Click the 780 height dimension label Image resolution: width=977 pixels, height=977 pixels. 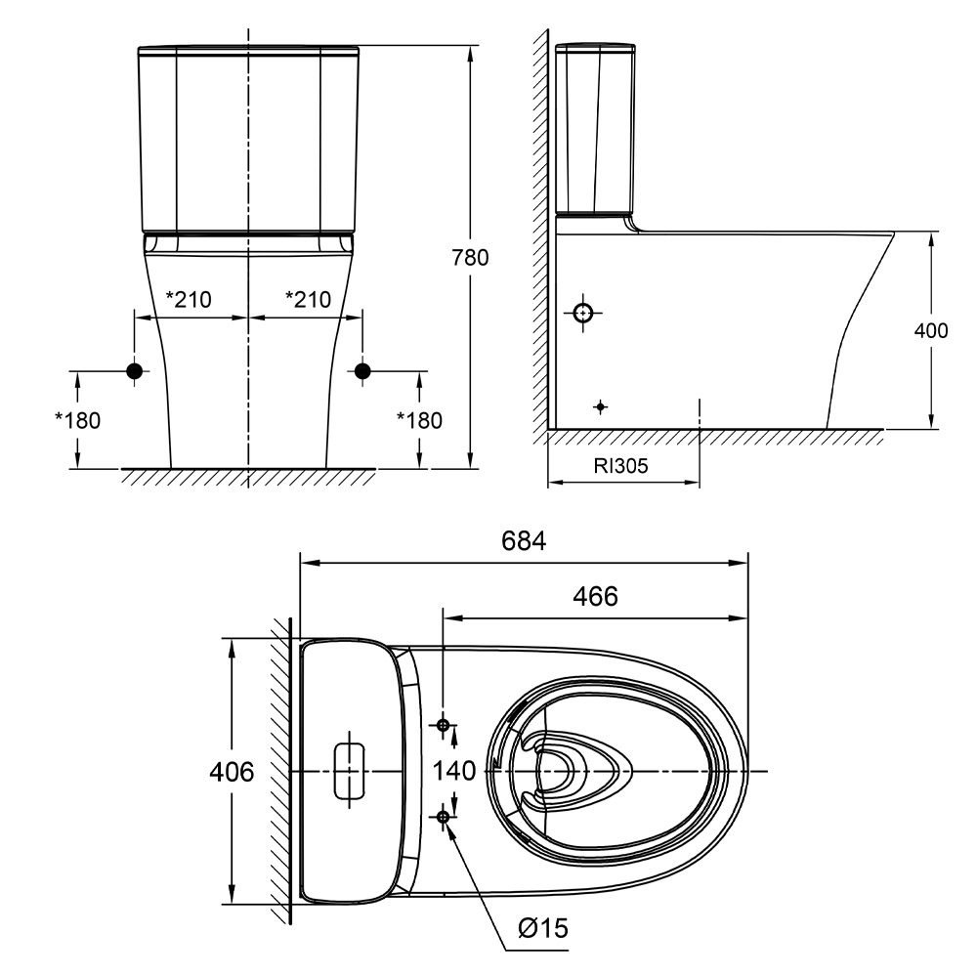pos(470,258)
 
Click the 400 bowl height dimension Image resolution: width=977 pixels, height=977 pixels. pos(930,330)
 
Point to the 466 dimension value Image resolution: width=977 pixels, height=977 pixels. pos(596,596)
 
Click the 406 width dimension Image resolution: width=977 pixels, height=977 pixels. pos(233,772)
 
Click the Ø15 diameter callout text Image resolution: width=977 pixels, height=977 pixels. pos(543,928)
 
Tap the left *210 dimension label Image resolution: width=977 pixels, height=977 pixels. pos(188,298)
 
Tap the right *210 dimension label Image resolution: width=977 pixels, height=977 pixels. pos(307,298)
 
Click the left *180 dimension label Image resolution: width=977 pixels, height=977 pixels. pos(78,420)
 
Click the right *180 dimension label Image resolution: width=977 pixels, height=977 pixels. pos(419,420)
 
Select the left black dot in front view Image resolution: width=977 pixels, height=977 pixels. pos(135,370)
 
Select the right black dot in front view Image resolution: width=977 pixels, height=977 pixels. pos(362,370)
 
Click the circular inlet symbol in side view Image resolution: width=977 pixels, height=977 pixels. pos(583,314)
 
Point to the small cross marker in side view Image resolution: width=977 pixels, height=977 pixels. pos(601,405)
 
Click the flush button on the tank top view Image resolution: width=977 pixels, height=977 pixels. pos(350,772)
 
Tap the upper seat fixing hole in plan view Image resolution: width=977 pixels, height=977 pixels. pos(444,725)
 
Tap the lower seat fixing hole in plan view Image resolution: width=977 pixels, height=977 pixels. pos(444,815)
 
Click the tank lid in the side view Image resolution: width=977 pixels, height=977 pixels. pos(596,49)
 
